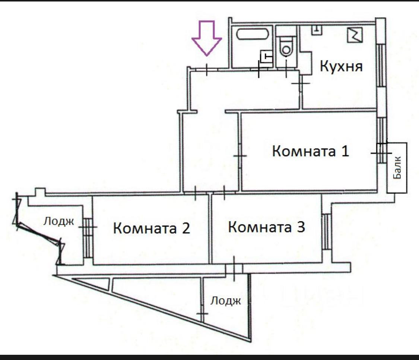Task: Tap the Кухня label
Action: (x=341, y=66)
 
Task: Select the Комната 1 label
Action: (x=311, y=151)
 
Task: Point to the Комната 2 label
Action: (x=152, y=228)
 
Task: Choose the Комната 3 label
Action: (x=266, y=227)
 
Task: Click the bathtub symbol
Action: (x=252, y=34)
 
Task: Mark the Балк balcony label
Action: (x=397, y=168)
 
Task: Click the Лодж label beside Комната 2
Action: (x=58, y=222)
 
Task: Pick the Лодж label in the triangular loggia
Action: (x=226, y=301)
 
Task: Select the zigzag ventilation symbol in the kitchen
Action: (x=355, y=35)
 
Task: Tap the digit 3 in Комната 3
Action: (x=301, y=227)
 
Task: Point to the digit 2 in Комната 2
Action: (x=186, y=228)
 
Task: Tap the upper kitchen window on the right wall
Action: (x=381, y=65)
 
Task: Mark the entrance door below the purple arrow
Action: (x=207, y=70)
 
